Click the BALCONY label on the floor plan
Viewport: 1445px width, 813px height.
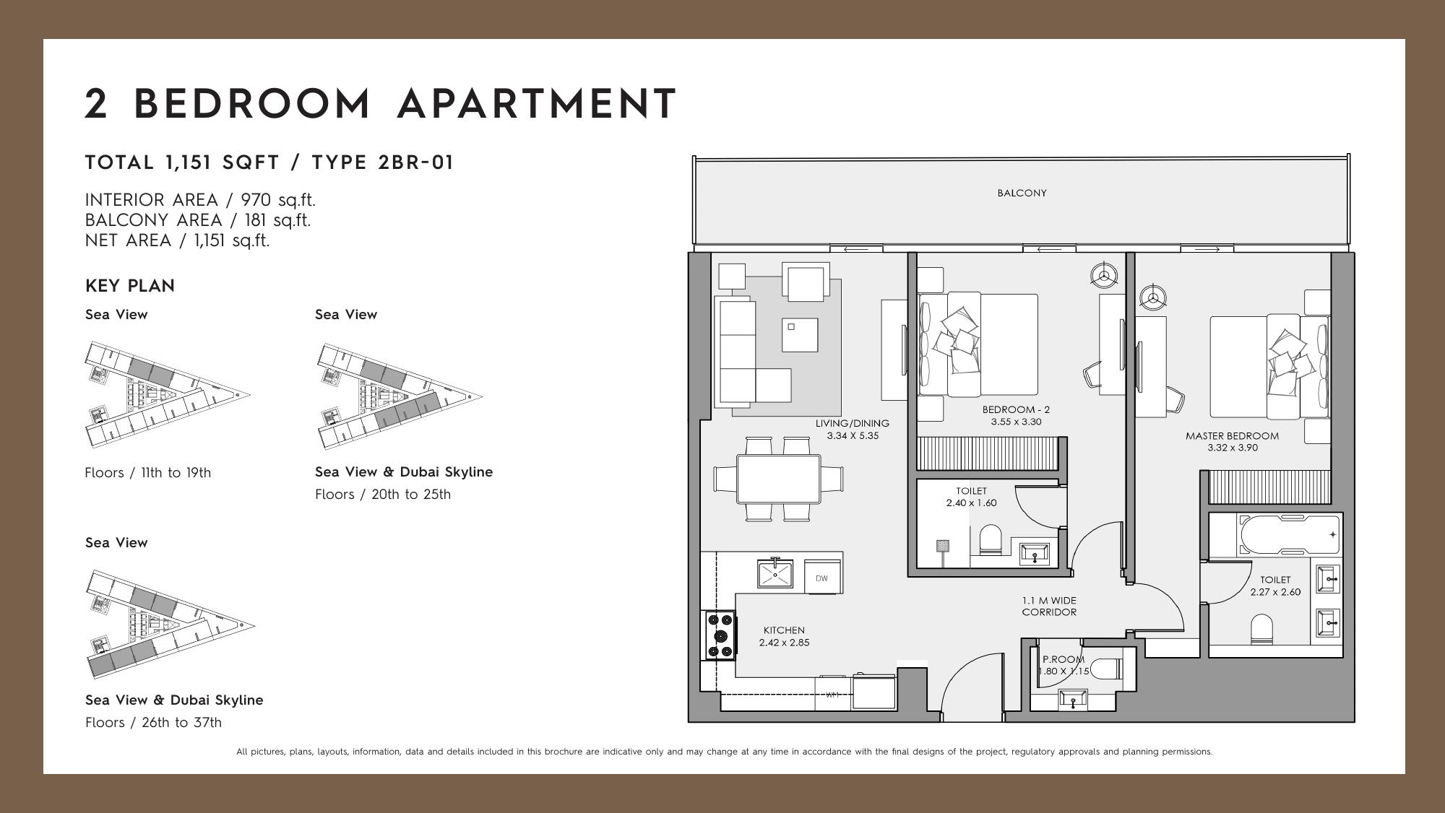(x=1022, y=193)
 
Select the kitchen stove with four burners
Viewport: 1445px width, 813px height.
(x=720, y=635)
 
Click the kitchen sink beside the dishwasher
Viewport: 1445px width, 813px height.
(x=775, y=573)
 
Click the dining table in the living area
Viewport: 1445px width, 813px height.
(x=778, y=479)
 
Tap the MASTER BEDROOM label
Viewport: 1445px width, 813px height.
(x=1232, y=435)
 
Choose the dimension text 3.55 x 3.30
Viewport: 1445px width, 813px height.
(x=1016, y=422)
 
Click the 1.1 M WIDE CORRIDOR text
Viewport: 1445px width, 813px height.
(x=1049, y=606)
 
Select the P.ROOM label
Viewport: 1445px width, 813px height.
(x=1064, y=658)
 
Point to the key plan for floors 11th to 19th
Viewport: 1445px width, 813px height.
(x=168, y=395)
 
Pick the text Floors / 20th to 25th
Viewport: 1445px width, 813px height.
(x=383, y=494)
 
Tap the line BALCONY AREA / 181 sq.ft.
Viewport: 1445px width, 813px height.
(x=198, y=220)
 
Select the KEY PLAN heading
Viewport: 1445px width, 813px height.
(x=130, y=286)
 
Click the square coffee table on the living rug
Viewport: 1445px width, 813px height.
(x=800, y=335)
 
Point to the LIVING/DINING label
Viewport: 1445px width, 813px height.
(x=853, y=423)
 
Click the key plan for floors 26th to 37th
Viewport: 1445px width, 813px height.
(x=170, y=624)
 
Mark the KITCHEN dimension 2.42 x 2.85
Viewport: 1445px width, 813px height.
(x=784, y=643)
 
